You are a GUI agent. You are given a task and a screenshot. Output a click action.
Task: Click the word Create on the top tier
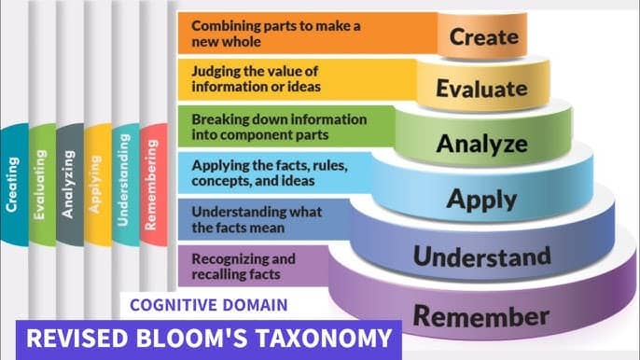483,36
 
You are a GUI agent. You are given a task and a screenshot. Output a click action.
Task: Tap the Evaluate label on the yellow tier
481,89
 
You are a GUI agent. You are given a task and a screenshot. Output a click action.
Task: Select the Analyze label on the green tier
481,144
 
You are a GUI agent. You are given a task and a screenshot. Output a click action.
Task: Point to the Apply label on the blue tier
481,200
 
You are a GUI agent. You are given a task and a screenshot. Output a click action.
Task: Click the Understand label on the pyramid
481,256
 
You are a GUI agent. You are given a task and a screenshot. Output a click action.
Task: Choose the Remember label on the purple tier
481,316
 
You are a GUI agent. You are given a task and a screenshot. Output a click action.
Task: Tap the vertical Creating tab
14,185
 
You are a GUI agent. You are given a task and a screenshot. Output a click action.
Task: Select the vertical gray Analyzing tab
70,185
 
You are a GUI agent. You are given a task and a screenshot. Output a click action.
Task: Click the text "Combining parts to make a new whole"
276,34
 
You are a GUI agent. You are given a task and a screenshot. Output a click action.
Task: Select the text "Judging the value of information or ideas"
256,78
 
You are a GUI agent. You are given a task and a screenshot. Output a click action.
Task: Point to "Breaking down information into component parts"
279,127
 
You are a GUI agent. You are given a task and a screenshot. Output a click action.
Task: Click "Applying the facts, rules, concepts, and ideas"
270,173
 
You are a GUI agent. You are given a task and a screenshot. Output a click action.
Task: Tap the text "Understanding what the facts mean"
257,219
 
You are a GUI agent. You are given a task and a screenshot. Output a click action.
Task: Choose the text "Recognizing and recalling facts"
243,266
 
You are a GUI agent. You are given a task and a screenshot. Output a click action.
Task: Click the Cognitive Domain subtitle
209,305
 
